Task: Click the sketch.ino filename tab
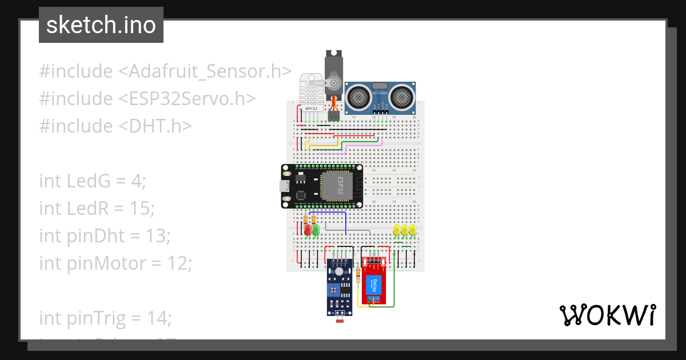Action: (x=101, y=25)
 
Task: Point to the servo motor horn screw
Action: (x=334, y=84)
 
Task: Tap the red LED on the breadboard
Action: (x=308, y=230)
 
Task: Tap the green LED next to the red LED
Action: (x=315, y=230)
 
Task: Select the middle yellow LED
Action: (x=404, y=230)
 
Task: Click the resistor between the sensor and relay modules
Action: (x=358, y=276)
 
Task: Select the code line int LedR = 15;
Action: (x=97, y=209)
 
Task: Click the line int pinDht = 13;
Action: (x=105, y=235)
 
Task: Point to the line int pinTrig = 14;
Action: (x=105, y=318)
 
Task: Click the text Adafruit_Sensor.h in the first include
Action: (x=205, y=71)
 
